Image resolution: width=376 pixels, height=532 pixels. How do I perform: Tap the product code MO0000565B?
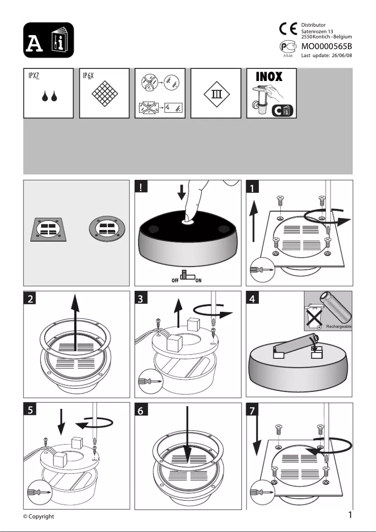click(x=326, y=46)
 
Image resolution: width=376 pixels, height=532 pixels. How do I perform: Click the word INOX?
click(x=269, y=76)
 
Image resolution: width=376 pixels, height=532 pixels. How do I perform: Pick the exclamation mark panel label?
click(x=141, y=188)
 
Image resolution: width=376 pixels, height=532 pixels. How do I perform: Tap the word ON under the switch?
click(x=198, y=281)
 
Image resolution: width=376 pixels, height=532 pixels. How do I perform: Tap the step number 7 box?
click(x=253, y=410)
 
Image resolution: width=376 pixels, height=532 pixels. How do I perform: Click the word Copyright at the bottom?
click(x=42, y=517)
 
